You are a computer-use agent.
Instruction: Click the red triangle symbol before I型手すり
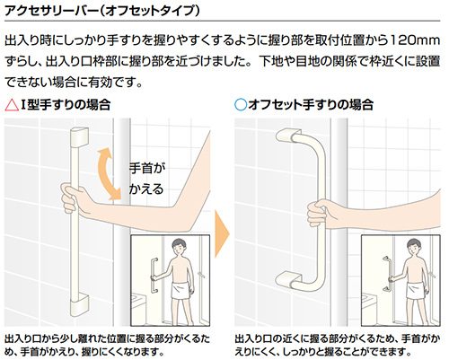[x=12, y=106]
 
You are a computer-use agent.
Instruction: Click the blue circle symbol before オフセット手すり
[x=241, y=105]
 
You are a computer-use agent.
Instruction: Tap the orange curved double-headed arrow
[x=109, y=173]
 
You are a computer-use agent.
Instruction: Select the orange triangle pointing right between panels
[x=222, y=233]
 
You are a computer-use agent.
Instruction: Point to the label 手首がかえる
[x=146, y=179]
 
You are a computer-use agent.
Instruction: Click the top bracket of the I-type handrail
[x=79, y=136]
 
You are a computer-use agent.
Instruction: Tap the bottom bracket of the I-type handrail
[x=79, y=305]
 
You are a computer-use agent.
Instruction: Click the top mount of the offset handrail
[x=288, y=135]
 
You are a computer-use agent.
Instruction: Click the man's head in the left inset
[x=179, y=247]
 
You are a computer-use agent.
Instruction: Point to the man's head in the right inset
[x=414, y=247]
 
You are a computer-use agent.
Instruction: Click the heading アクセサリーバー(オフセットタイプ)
[x=102, y=11]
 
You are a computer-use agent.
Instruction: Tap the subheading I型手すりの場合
[x=66, y=105]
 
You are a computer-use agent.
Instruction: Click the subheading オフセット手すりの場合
[x=311, y=105]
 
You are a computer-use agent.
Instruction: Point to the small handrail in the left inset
[x=154, y=276]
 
